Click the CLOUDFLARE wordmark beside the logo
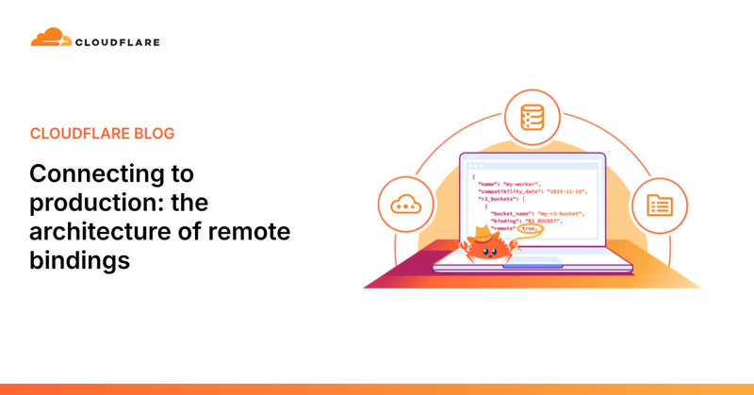pos(119,41)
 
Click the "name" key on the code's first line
pos(488,184)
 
